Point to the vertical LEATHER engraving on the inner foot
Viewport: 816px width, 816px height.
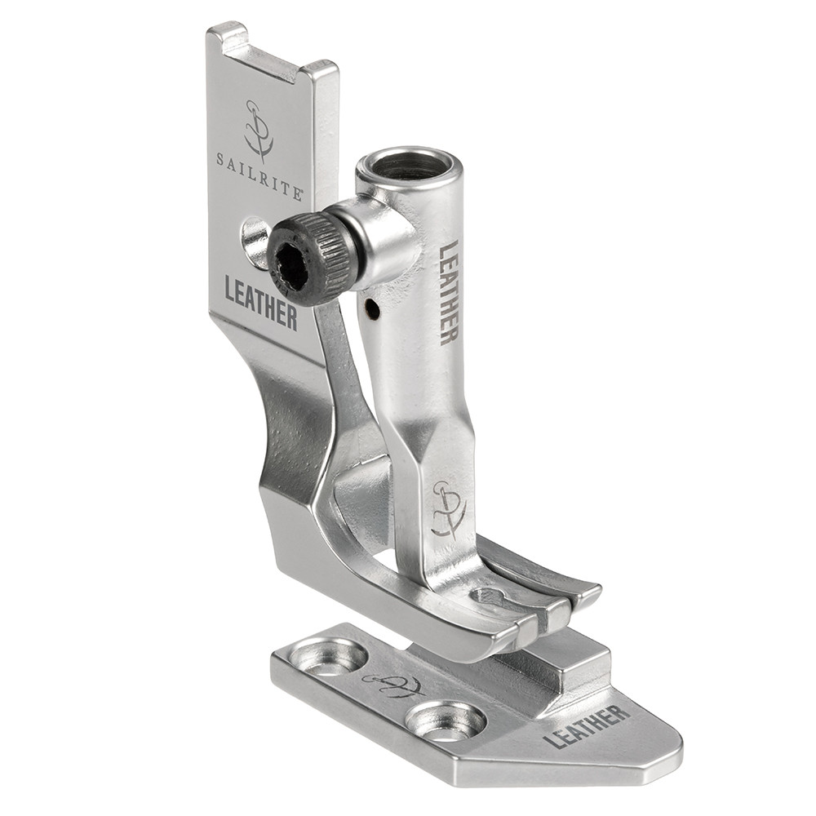449,292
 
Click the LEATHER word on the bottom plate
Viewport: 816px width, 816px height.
586,728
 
